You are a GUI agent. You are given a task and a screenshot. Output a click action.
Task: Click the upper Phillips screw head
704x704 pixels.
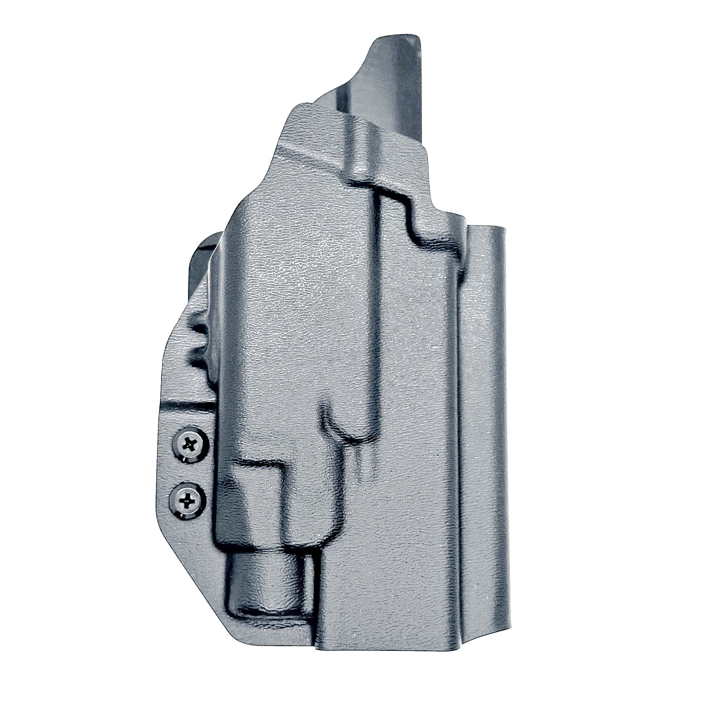[190, 445]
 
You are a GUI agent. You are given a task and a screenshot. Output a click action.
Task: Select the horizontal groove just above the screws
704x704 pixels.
[190, 404]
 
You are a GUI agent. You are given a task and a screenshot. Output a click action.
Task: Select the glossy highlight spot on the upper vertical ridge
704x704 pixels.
[359, 167]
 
